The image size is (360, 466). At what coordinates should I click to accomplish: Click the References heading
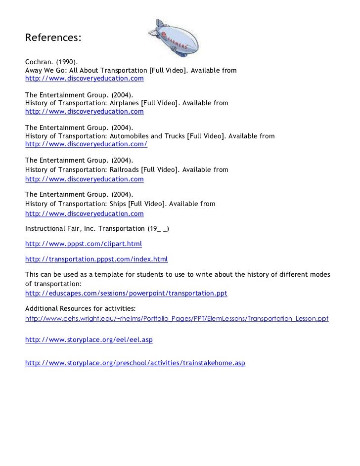[53, 38]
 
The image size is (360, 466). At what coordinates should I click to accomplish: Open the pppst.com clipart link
[84, 244]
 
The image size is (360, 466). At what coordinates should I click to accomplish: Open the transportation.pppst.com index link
[96, 259]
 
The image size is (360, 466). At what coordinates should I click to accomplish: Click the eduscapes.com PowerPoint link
[126, 293]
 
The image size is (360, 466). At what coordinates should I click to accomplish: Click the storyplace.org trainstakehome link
[135, 363]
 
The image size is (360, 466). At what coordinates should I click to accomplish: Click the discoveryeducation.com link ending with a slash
[86, 144]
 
